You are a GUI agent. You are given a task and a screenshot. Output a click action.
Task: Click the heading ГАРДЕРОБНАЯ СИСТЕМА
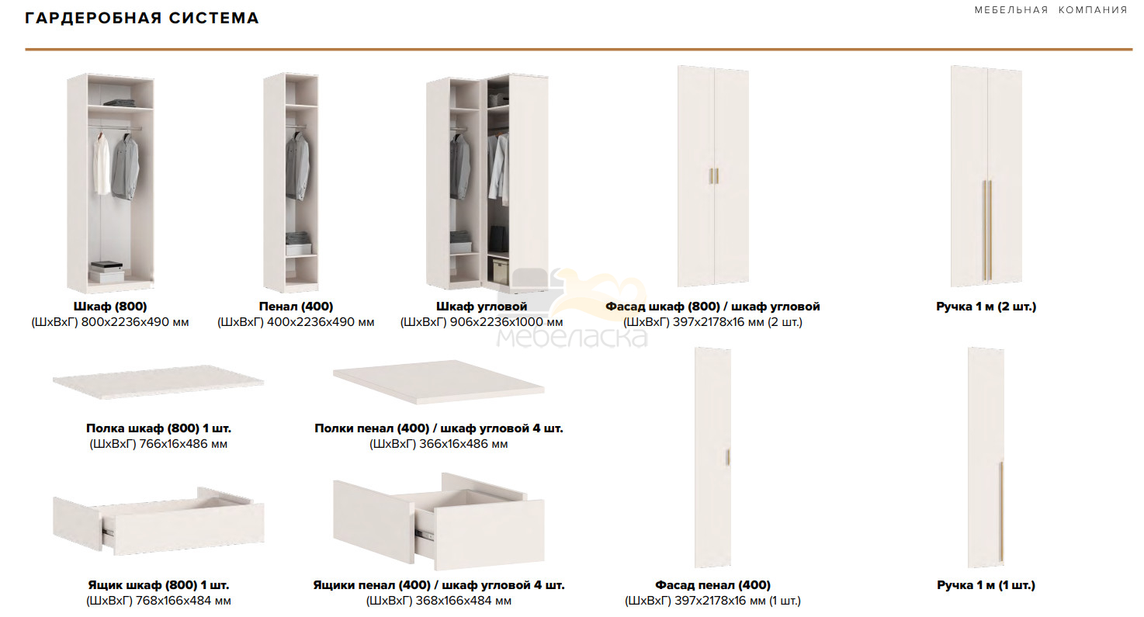(x=142, y=18)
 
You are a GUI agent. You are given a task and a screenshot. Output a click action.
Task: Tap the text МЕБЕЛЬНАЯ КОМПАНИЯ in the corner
(x=1051, y=10)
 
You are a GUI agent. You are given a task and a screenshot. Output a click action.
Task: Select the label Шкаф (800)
(x=110, y=306)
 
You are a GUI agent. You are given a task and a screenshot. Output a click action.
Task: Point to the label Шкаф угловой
(x=482, y=306)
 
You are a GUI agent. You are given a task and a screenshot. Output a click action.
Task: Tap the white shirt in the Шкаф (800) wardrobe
(x=101, y=165)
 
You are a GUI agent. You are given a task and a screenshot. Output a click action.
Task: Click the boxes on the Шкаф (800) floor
(x=107, y=272)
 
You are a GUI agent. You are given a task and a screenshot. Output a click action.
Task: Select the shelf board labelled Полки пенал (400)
(x=439, y=382)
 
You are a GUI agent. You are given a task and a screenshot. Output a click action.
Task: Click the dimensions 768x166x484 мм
(x=183, y=601)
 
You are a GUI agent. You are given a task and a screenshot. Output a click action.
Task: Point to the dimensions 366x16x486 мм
(x=463, y=444)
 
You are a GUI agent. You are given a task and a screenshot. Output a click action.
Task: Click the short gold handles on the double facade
(x=714, y=175)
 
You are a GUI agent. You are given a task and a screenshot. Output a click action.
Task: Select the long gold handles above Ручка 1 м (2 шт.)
(x=987, y=231)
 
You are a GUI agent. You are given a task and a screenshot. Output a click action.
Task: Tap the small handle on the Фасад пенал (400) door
(x=728, y=457)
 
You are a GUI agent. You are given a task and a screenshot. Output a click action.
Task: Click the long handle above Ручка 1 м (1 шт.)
(x=1001, y=511)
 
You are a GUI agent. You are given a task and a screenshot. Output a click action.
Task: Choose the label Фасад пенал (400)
(x=713, y=585)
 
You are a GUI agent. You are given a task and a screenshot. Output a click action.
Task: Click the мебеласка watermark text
(x=573, y=337)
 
